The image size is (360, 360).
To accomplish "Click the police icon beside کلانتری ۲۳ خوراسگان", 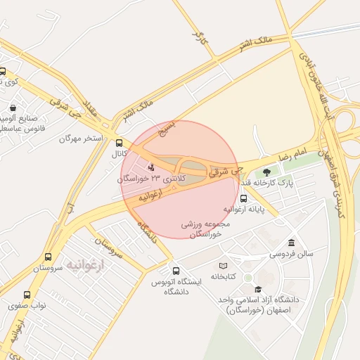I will coord(151,167).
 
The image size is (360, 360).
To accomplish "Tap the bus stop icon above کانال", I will coord(118,141).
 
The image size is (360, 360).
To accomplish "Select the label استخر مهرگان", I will coord(82,139).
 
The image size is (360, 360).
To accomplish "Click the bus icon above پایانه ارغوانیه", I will coord(243,198).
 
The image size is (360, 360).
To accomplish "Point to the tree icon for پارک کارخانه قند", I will coord(266,172).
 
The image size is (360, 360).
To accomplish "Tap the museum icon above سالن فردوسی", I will coord(291,242).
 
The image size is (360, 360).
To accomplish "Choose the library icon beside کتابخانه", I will coord(223,266).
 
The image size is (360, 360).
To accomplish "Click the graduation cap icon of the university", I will coord(258,289).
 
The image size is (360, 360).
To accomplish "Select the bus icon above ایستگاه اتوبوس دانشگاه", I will coord(176,271).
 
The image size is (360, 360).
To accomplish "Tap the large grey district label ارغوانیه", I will coord(84,264).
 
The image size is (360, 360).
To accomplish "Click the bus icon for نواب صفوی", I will coord(27,295).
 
